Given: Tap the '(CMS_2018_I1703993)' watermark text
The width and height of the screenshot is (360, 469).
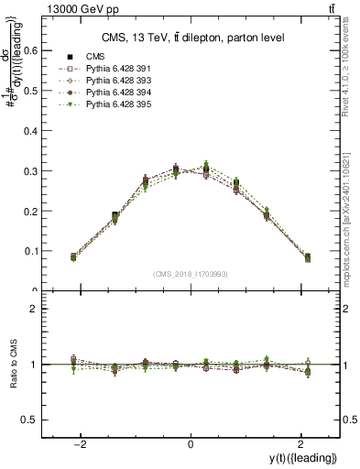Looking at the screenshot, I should click(x=190, y=273).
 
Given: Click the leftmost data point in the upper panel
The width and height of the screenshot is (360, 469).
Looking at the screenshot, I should click(x=73, y=257).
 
